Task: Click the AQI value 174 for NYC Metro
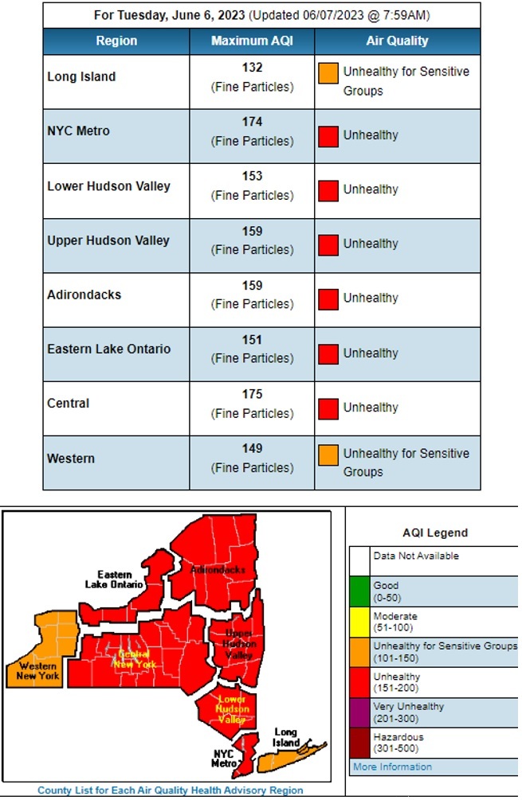pos(252,122)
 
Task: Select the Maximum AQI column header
pos(252,41)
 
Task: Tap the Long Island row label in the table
pos(81,76)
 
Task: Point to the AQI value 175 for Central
pos(252,394)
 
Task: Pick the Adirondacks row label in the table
pos(84,295)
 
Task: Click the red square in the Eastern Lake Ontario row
pos(328,353)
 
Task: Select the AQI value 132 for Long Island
pos(252,68)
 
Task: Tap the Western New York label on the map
pos(38,670)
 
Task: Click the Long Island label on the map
pos(286,737)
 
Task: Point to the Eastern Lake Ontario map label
pos(115,579)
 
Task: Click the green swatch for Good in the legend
pos(360,591)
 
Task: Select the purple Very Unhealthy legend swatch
pos(360,712)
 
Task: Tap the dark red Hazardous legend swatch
pos(360,742)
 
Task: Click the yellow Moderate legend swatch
pos(360,621)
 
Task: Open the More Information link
pos(392,767)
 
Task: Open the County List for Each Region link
pos(170,790)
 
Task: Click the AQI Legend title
pos(435,533)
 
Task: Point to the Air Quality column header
pos(397,41)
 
